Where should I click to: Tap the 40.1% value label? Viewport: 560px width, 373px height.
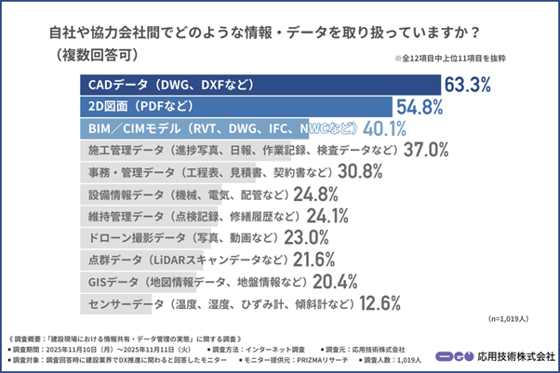(x=383, y=127)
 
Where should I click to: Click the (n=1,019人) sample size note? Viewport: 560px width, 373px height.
(x=513, y=319)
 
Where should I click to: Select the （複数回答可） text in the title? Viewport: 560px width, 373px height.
(x=92, y=54)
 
